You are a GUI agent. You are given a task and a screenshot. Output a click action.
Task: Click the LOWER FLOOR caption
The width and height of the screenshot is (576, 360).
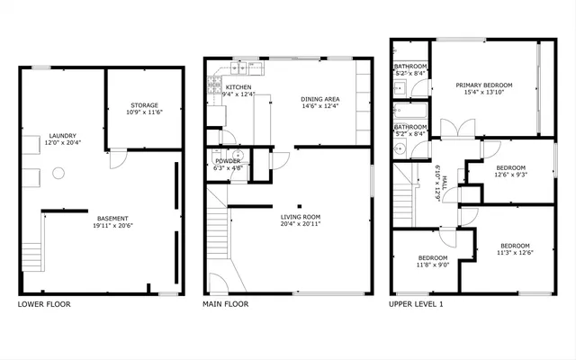[44, 304]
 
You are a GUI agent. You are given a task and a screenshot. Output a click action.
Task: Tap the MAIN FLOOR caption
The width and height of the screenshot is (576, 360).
[226, 304]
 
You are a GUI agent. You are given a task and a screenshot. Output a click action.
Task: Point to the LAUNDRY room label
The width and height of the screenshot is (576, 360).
[62, 135]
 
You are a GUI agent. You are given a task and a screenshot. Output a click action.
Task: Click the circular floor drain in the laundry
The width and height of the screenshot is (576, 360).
[59, 172]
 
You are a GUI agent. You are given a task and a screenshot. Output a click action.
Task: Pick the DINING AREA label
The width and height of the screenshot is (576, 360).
[319, 99]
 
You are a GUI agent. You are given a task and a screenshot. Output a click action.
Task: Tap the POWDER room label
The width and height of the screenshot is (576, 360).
[227, 160]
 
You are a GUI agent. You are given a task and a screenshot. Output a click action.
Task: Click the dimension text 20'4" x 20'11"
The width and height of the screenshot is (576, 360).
[301, 223]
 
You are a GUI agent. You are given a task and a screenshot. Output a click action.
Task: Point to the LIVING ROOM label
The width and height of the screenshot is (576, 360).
[301, 216]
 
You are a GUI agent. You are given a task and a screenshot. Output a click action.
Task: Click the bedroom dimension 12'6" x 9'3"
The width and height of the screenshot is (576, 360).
[512, 175]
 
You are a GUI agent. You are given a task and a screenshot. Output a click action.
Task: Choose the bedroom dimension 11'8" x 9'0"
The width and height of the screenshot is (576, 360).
[431, 265]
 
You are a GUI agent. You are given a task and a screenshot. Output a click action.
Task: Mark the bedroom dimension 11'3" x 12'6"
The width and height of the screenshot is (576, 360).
[515, 253]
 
